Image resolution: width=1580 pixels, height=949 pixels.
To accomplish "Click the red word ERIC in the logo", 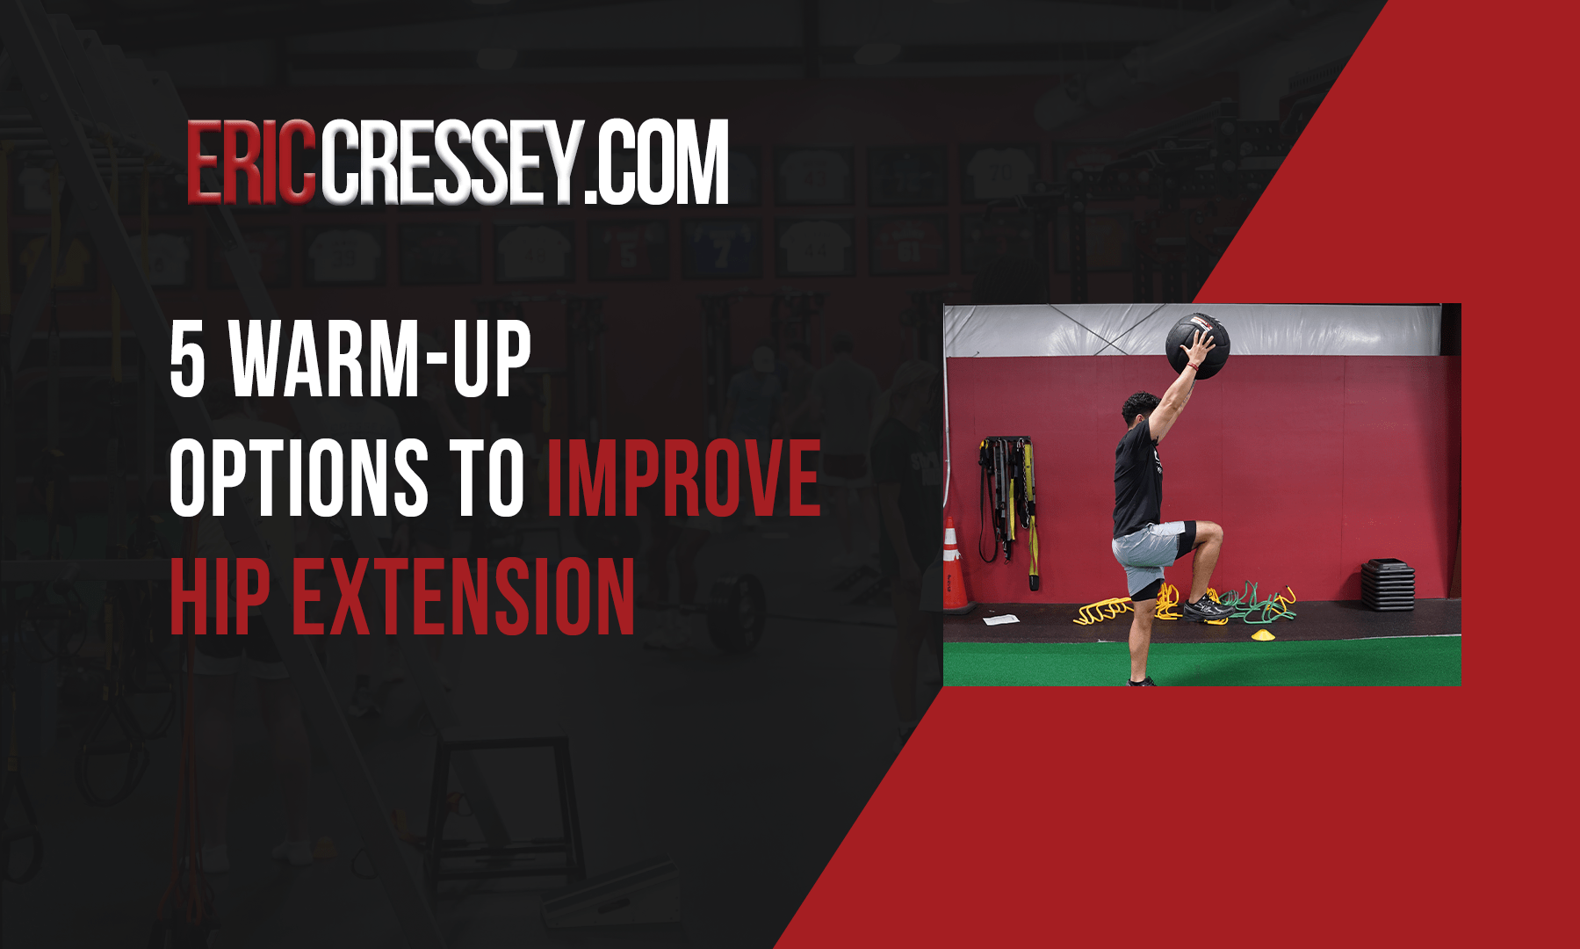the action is click(251, 163).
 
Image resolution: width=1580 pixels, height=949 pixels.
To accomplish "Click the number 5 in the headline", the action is click(187, 359).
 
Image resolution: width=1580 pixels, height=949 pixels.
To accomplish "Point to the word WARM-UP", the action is click(380, 359).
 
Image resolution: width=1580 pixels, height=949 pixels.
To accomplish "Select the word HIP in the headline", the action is click(220, 597).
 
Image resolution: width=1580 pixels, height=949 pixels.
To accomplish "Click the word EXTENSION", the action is click(463, 597).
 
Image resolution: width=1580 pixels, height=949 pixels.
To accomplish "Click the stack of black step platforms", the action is click(1388, 585).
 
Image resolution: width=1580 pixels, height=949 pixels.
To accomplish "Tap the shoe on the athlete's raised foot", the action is click(1205, 606).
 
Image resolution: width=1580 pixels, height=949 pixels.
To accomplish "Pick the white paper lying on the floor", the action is click(1000, 619).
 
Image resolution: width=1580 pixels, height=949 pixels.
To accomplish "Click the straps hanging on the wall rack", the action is click(1007, 510).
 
